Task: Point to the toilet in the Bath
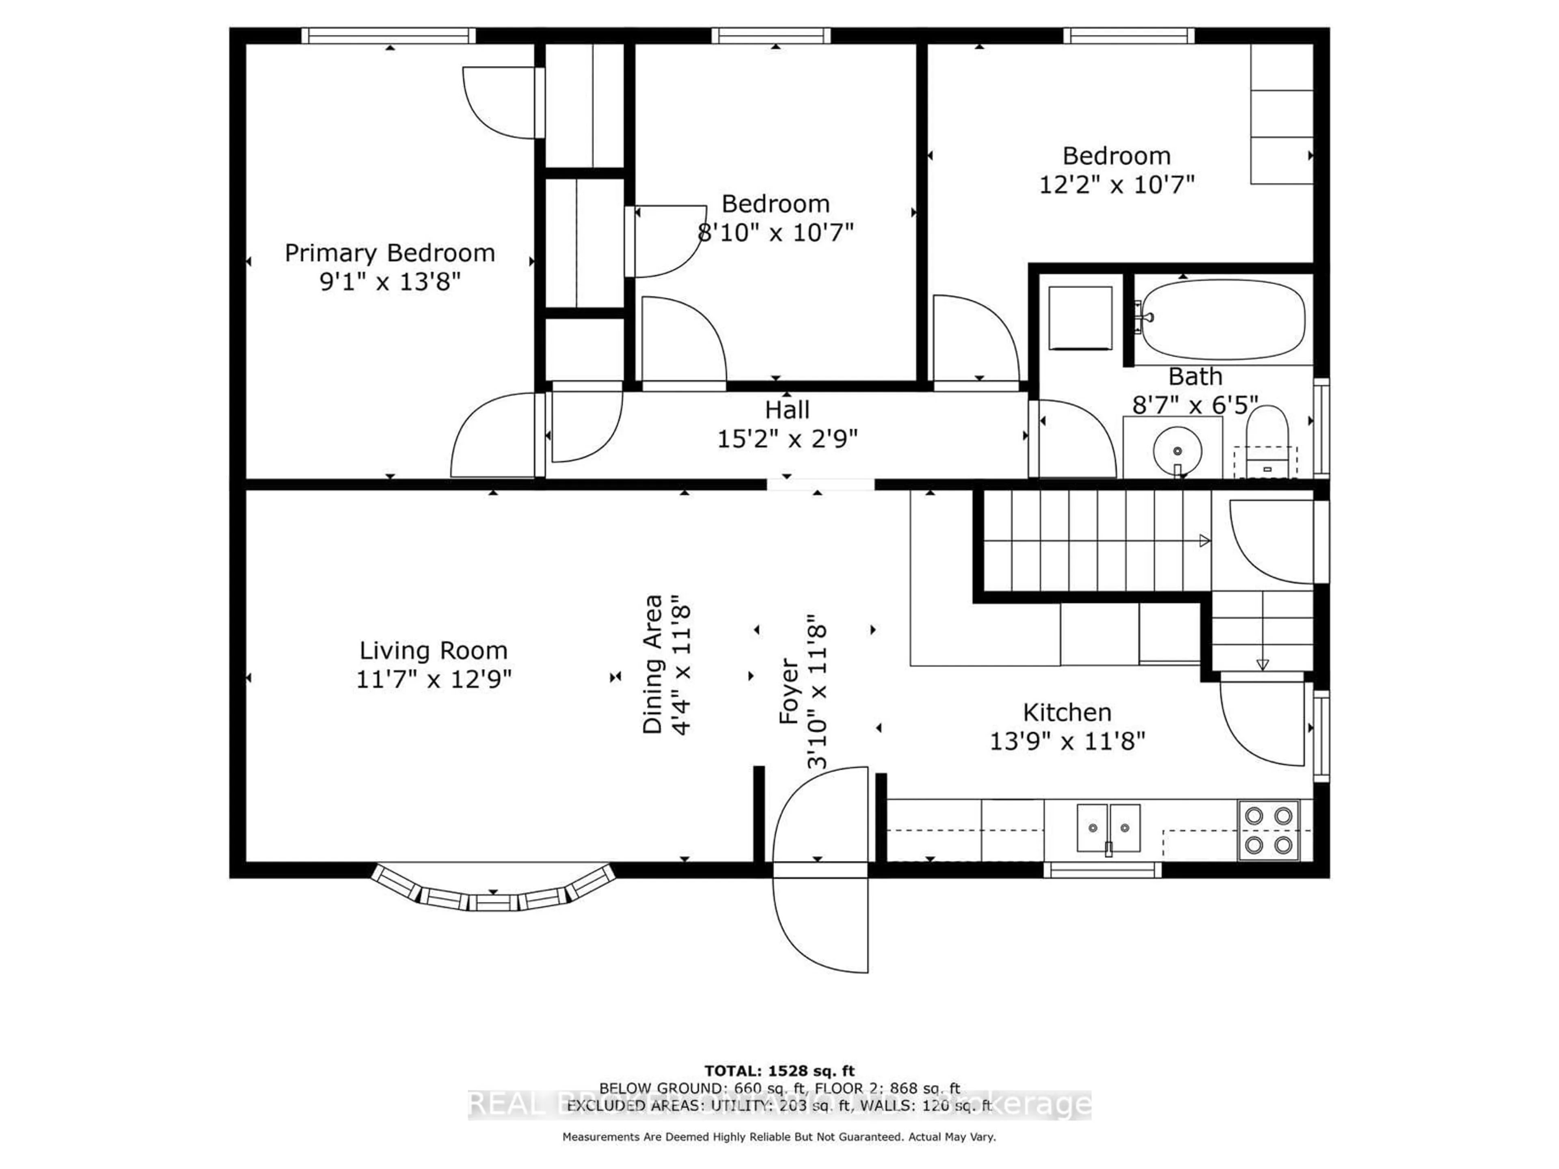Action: tap(1267, 440)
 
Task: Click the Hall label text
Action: tap(787, 410)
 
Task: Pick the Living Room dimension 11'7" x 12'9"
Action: tap(434, 679)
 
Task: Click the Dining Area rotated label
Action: tap(653, 664)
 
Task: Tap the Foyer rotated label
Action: tap(789, 690)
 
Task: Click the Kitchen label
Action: tap(1067, 712)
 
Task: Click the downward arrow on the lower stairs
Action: tap(1262, 664)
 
